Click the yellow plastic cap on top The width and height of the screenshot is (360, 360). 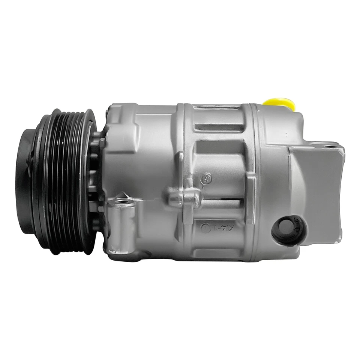coord(279,103)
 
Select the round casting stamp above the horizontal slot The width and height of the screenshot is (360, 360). coord(206,179)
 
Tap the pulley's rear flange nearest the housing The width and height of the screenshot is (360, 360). coord(90,180)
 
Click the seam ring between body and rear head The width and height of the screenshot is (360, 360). coord(256,180)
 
